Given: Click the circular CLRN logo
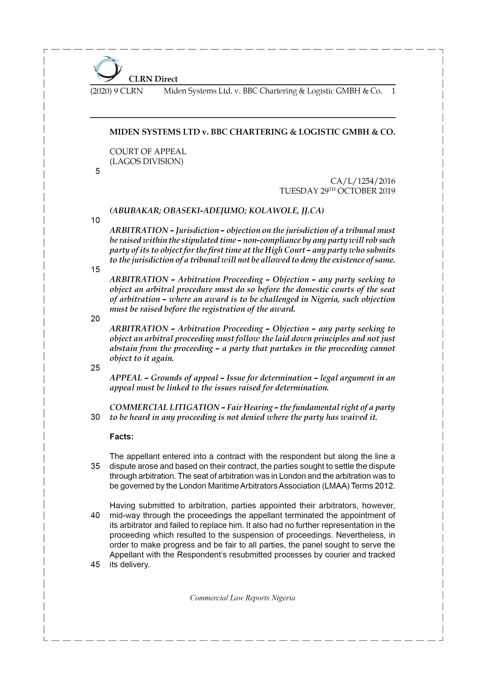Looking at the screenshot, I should tap(108, 69).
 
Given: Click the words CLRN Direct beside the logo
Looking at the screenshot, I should tap(153, 79).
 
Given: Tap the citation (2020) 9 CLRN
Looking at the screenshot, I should tap(117, 91).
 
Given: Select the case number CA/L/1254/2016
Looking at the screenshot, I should tap(362, 181).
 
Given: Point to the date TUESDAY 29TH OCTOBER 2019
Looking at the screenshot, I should tap(337, 191).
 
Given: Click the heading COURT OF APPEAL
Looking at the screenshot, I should tap(148, 151).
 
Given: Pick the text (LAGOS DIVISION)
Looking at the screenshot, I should tap(146, 161).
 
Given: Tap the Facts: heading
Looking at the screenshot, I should tap(121, 437).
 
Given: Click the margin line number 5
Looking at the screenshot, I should tap(97, 171).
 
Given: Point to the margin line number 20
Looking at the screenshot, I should tap(95, 319).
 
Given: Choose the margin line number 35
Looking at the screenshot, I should tap(95, 466).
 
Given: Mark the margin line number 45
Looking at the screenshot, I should tap(95, 564).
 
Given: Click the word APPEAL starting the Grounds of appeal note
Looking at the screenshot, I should tap(126, 378).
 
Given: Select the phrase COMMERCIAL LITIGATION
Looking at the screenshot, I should tap(164, 407).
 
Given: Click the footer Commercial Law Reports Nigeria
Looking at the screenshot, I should tap(242, 598).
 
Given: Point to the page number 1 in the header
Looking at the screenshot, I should tap(393, 91).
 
